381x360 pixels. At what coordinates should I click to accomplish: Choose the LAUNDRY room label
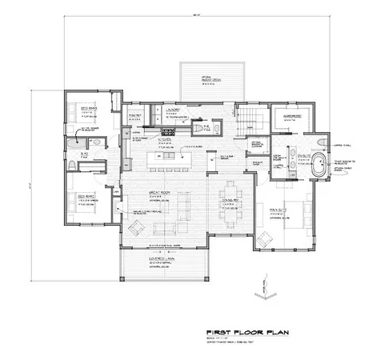point(176,113)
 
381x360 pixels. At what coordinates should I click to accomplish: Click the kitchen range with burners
point(169,130)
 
